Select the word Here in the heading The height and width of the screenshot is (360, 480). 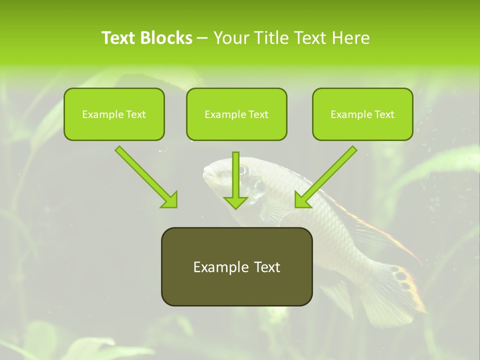tap(351, 38)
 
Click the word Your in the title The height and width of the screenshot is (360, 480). tap(229, 38)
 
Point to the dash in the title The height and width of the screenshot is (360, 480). tap(202, 38)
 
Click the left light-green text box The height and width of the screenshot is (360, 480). tap(114, 114)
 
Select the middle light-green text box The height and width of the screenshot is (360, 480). tap(236, 114)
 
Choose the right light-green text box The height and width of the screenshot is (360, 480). tap(362, 114)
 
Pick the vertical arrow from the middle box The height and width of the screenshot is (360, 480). tap(235, 180)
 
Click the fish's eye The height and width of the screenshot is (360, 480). tap(242, 170)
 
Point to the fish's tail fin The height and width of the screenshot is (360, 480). tap(395, 290)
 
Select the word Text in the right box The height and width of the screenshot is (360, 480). tap(384, 114)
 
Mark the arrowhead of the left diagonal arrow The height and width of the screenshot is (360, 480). tap(170, 200)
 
